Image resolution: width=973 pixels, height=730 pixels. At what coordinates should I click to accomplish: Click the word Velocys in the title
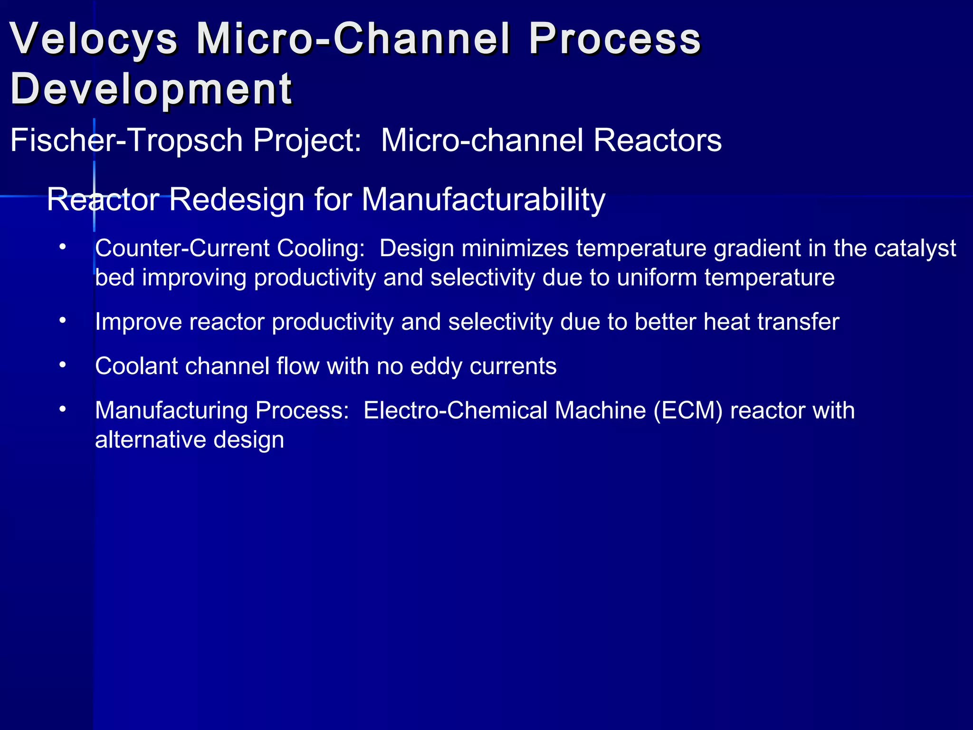[x=94, y=39]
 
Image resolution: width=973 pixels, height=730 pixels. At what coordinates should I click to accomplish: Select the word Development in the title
[x=151, y=89]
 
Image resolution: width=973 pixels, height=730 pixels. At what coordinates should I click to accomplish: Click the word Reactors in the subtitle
[x=658, y=141]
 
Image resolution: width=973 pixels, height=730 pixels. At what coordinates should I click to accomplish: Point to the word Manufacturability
[x=483, y=200]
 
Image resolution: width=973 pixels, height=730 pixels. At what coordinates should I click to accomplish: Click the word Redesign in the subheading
[x=237, y=200]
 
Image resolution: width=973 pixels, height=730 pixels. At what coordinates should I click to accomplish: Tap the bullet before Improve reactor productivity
[x=62, y=321]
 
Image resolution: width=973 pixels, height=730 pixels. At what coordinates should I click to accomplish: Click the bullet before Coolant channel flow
[x=62, y=365]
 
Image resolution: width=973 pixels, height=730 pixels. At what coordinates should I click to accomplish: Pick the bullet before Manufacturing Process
[x=62, y=409]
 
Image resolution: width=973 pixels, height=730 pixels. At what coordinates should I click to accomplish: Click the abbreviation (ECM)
[x=687, y=411]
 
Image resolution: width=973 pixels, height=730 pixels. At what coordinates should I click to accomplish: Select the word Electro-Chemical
[x=455, y=411]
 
